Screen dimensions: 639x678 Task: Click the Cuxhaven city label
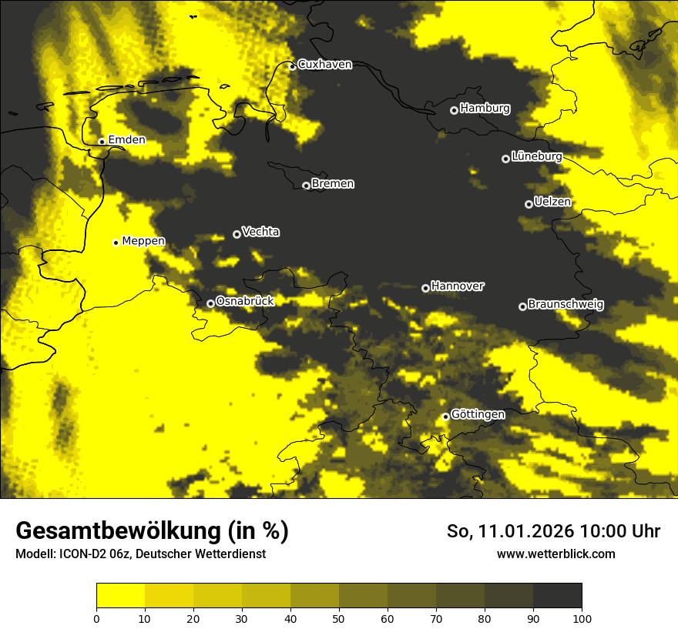click(x=324, y=65)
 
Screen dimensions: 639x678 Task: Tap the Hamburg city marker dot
click(x=454, y=110)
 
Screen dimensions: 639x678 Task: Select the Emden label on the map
click(x=126, y=140)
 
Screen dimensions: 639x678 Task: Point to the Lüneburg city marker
click(x=505, y=159)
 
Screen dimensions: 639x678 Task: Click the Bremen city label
click(x=333, y=184)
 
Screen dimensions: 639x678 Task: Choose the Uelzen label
click(x=552, y=202)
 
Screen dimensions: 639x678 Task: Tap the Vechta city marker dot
click(x=237, y=234)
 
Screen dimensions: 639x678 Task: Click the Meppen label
click(x=143, y=241)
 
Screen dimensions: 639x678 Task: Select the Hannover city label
click(x=458, y=286)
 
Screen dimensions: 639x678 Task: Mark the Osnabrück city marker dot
click(x=210, y=303)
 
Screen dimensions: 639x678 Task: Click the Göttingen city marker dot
click(x=445, y=417)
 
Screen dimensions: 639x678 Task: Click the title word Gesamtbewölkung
click(x=116, y=531)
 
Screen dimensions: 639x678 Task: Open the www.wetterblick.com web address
click(x=555, y=554)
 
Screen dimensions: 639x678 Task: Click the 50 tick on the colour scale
click(x=339, y=617)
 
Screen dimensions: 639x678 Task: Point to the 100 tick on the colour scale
click(x=582, y=617)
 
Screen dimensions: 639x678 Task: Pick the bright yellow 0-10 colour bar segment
click(x=120, y=596)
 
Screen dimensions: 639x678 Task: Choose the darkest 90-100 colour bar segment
click(x=557, y=596)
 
